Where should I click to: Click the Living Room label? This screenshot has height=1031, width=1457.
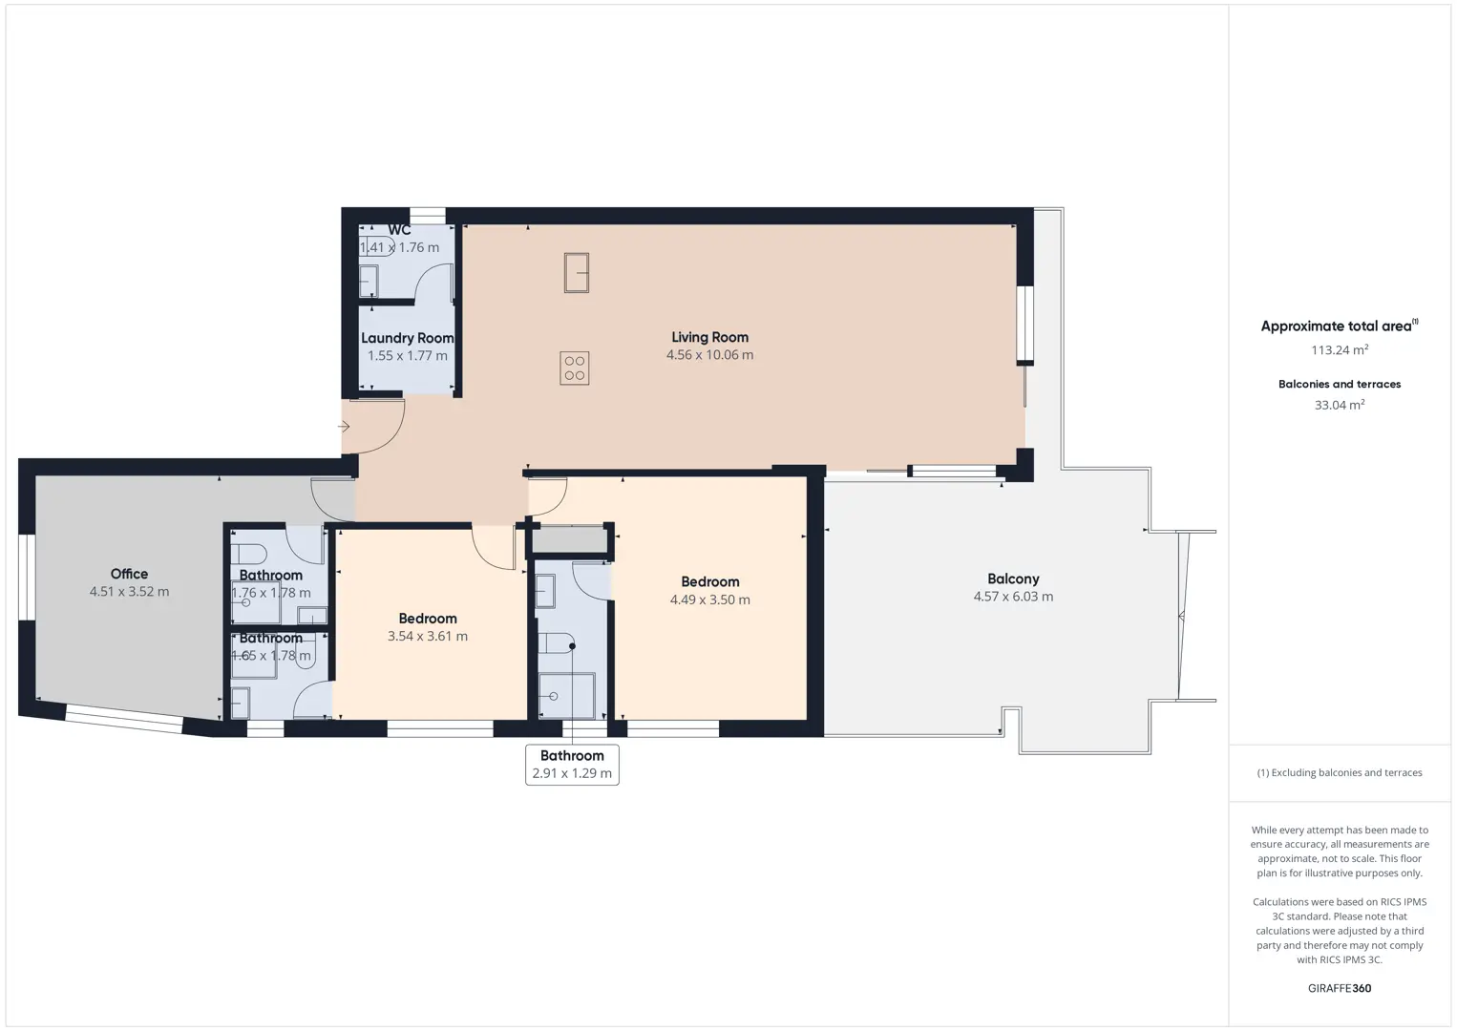click(709, 337)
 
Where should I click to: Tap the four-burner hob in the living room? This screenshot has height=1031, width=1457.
click(575, 368)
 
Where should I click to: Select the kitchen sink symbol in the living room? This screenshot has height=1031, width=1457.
click(577, 273)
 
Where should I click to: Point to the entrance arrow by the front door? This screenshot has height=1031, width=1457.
click(344, 427)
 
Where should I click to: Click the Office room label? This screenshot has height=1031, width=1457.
click(129, 574)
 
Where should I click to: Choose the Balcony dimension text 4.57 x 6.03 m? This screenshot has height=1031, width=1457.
click(1013, 597)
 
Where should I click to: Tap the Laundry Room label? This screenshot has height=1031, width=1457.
click(407, 338)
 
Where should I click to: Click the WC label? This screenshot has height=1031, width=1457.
click(399, 230)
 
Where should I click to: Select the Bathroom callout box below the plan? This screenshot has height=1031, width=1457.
click(573, 765)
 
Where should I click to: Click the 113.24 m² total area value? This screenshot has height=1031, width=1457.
click(1340, 350)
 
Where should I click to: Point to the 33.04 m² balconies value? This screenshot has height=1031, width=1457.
click(1340, 405)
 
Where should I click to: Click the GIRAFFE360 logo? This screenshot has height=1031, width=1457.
click(1340, 988)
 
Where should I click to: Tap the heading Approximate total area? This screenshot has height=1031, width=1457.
click(1340, 326)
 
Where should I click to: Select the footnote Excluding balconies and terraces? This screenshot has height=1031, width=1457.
click(1340, 772)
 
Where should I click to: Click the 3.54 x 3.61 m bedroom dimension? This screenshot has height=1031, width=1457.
click(428, 636)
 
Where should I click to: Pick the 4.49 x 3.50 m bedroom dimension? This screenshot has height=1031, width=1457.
click(709, 600)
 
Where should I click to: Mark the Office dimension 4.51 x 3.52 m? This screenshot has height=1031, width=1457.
click(129, 591)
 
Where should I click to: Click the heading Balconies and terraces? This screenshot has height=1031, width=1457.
click(1340, 384)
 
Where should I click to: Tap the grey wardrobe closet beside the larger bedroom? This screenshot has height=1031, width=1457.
click(570, 540)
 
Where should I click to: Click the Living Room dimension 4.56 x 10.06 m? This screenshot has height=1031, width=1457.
click(709, 354)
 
